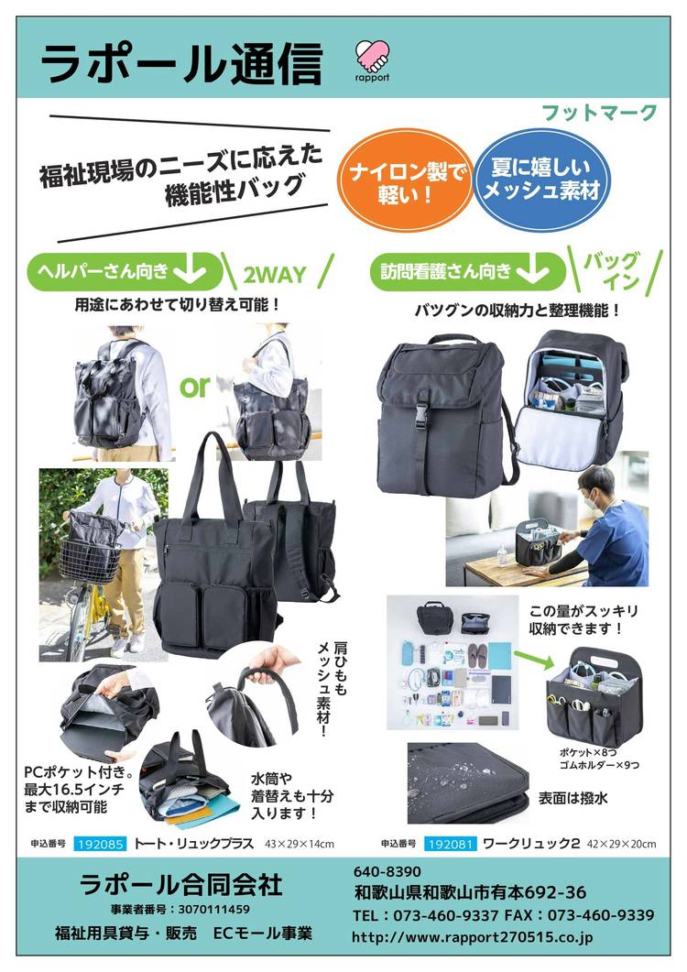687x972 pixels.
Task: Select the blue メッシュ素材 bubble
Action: point(542,179)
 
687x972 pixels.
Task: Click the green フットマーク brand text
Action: point(599,113)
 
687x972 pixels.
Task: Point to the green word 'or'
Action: point(195,387)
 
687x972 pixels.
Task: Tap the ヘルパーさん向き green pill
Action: point(124,271)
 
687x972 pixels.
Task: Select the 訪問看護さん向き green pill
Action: point(467,271)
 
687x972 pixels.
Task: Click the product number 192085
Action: point(101,844)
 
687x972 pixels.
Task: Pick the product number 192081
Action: point(451,844)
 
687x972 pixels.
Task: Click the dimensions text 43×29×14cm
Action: point(300,844)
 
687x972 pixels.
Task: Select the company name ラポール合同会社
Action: point(181,884)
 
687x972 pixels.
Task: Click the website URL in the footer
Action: point(473,937)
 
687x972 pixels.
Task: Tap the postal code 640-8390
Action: point(387,871)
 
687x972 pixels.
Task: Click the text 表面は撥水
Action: point(572,799)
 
